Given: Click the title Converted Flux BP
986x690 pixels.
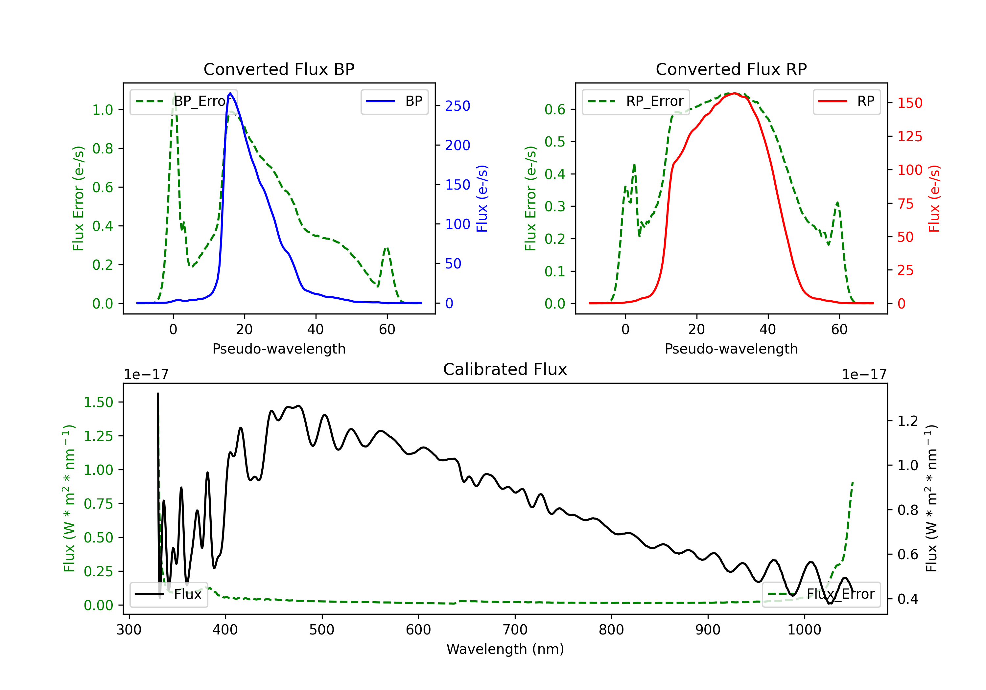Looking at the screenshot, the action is (x=279, y=69).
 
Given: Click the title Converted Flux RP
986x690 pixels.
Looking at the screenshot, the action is (x=731, y=69).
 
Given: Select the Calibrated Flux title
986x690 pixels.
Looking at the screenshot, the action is (x=505, y=369).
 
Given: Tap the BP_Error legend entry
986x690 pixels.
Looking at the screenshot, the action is (x=184, y=101).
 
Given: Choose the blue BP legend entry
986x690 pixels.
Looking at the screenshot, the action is (x=394, y=101).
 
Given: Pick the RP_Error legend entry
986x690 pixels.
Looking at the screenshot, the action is (x=636, y=101).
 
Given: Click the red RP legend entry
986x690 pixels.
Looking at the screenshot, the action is (x=846, y=101).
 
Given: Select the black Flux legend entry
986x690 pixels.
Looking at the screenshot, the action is (x=168, y=594).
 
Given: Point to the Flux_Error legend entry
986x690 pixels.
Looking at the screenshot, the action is (x=821, y=594).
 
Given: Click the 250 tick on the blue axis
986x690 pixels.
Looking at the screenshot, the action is (x=458, y=105).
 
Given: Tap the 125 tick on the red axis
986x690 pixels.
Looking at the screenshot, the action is (x=909, y=137).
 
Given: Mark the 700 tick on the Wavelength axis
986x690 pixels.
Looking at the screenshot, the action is (x=514, y=630).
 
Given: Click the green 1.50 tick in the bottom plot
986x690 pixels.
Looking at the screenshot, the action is (x=98, y=402).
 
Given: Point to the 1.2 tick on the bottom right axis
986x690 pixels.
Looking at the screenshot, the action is (x=908, y=421).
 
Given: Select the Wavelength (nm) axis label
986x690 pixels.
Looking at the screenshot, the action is (x=505, y=649).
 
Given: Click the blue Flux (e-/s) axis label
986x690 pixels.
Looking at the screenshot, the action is (x=482, y=198).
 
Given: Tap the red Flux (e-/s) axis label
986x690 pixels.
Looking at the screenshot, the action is (x=934, y=198).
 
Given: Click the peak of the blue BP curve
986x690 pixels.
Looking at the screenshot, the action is (x=230, y=93).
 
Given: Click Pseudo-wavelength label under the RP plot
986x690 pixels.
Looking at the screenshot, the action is (x=731, y=349).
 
